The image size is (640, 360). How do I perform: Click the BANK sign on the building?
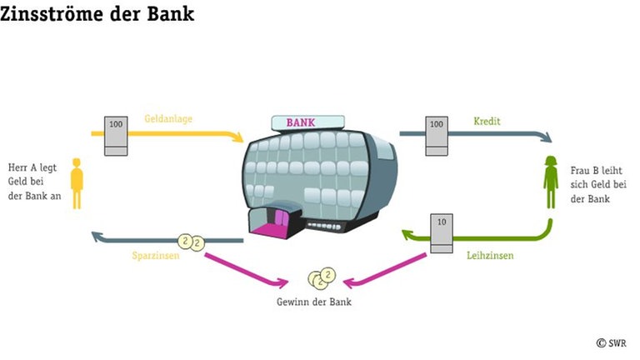click(301, 122)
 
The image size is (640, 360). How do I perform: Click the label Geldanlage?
click(168, 119)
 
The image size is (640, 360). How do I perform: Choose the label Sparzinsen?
click(156, 256)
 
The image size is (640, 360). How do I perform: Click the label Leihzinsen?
click(490, 256)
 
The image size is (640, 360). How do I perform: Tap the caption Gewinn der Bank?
click(314, 301)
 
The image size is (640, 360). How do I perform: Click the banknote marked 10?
click(441, 233)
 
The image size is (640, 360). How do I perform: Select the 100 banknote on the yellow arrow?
click(116, 135)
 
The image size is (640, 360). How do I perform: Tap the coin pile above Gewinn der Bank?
click(319, 277)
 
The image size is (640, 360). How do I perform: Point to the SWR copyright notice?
click(612, 342)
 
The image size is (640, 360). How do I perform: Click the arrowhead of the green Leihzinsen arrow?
click(408, 238)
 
